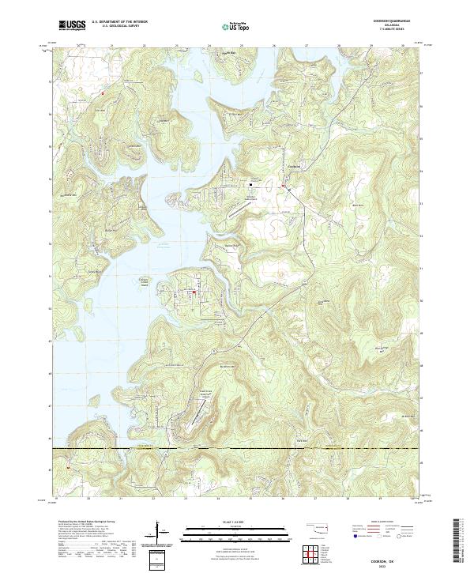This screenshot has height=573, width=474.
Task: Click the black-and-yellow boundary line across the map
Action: (x=237, y=449)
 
